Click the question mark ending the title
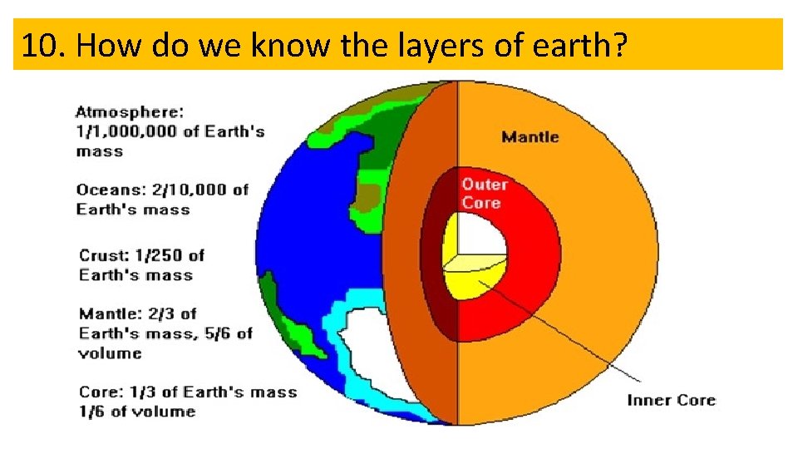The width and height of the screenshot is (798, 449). click(x=617, y=46)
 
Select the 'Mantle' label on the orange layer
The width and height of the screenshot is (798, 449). click(x=530, y=137)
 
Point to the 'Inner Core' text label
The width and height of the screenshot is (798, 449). click(x=671, y=401)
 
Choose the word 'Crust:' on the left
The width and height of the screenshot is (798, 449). click(x=104, y=255)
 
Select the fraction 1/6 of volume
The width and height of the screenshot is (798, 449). click(x=91, y=412)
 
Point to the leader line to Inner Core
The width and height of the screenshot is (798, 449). click(x=565, y=333)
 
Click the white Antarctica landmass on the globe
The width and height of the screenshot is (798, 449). click(x=374, y=349)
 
